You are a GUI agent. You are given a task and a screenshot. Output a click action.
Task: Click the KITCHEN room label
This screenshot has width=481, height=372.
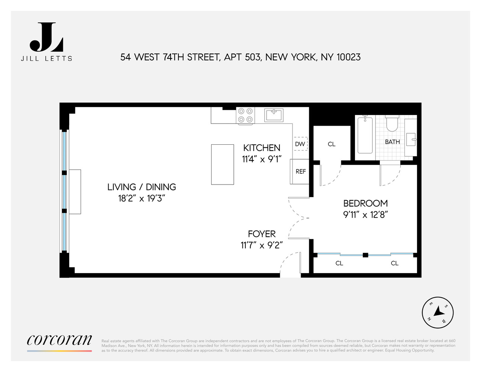tap(262, 148)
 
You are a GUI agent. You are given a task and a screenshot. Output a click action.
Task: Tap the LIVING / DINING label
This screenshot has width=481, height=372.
tap(142, 187)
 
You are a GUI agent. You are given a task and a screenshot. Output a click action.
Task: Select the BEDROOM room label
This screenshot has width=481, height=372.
tap(365, 203)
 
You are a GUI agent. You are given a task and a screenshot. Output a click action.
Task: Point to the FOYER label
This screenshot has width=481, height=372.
tap(262, 234)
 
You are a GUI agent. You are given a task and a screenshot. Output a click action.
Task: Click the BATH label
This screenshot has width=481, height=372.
tap(392, 142)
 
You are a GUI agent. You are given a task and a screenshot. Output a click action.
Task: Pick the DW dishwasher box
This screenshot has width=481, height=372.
tap(300, 144)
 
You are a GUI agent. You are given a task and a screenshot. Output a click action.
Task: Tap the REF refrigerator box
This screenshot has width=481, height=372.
tap(300, 171)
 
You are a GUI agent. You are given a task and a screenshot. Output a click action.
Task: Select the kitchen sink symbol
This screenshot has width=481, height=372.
tap(274, 115)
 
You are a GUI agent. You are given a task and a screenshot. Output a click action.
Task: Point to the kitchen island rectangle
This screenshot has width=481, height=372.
tap(222, 164)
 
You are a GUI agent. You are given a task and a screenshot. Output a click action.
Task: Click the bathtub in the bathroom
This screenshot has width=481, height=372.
tap(365, 135)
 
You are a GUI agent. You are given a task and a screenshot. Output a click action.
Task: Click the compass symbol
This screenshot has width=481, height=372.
tap(438, 312)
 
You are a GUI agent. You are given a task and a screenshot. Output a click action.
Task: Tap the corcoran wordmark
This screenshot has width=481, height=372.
tap(59, 340)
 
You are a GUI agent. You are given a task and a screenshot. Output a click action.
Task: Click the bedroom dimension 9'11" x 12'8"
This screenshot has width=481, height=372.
tap(365, 215)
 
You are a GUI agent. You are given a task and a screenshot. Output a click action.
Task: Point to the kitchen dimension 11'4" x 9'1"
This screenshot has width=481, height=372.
tap(262, 159)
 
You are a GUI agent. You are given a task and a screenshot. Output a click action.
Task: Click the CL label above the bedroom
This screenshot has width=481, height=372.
tap(332, 144)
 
